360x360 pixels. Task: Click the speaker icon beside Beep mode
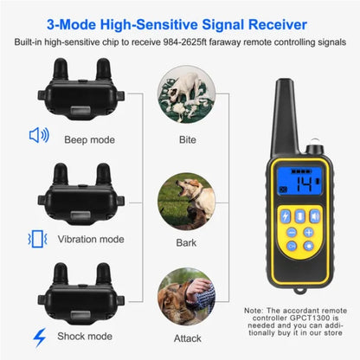pyautogui.click(x=38, y=135)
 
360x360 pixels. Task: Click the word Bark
pyautogui.click(x=187, y=246)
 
